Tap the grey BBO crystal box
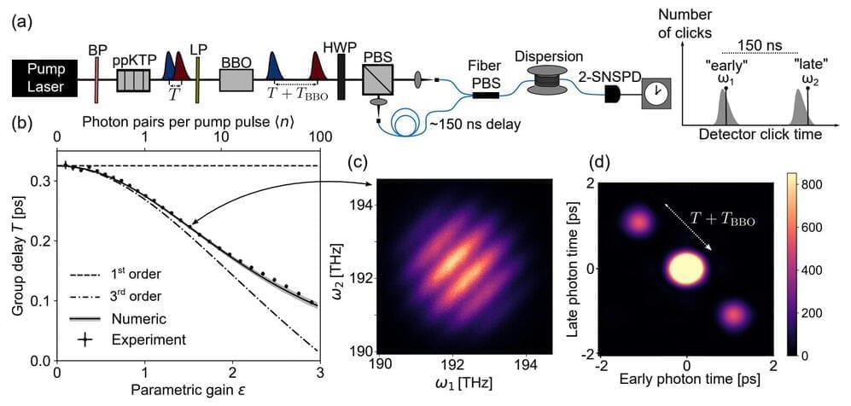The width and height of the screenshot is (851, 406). click(236, 80)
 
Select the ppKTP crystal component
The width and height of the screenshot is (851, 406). click(132, 80)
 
